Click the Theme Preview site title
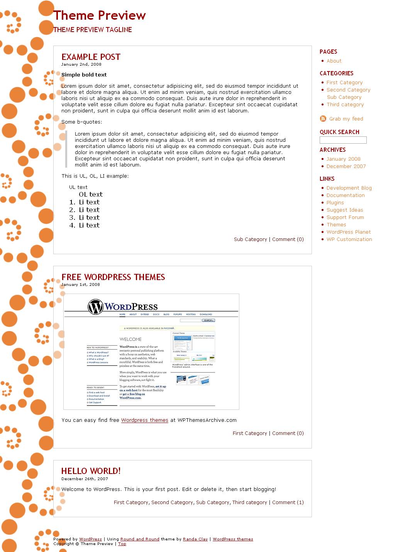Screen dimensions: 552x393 99,15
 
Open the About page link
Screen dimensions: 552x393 334,61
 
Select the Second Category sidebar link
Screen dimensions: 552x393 348,90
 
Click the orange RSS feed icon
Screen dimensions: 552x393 323,119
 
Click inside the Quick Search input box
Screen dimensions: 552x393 343,140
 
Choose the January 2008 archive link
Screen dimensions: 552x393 343,159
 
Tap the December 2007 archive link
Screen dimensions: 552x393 346,166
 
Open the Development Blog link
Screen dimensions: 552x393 349,188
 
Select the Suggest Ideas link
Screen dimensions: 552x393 345,210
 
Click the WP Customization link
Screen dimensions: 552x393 349,239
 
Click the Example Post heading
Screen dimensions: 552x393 91,57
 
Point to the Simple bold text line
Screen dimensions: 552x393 84,75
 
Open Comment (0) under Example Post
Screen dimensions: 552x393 288,239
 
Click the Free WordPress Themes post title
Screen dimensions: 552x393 113,277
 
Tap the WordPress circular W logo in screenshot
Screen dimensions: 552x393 95,307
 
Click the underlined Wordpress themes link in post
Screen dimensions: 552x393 144,420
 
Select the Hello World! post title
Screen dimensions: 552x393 91,471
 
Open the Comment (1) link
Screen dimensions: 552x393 288,503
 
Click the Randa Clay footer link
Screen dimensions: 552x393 195,539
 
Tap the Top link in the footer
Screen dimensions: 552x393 122,544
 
